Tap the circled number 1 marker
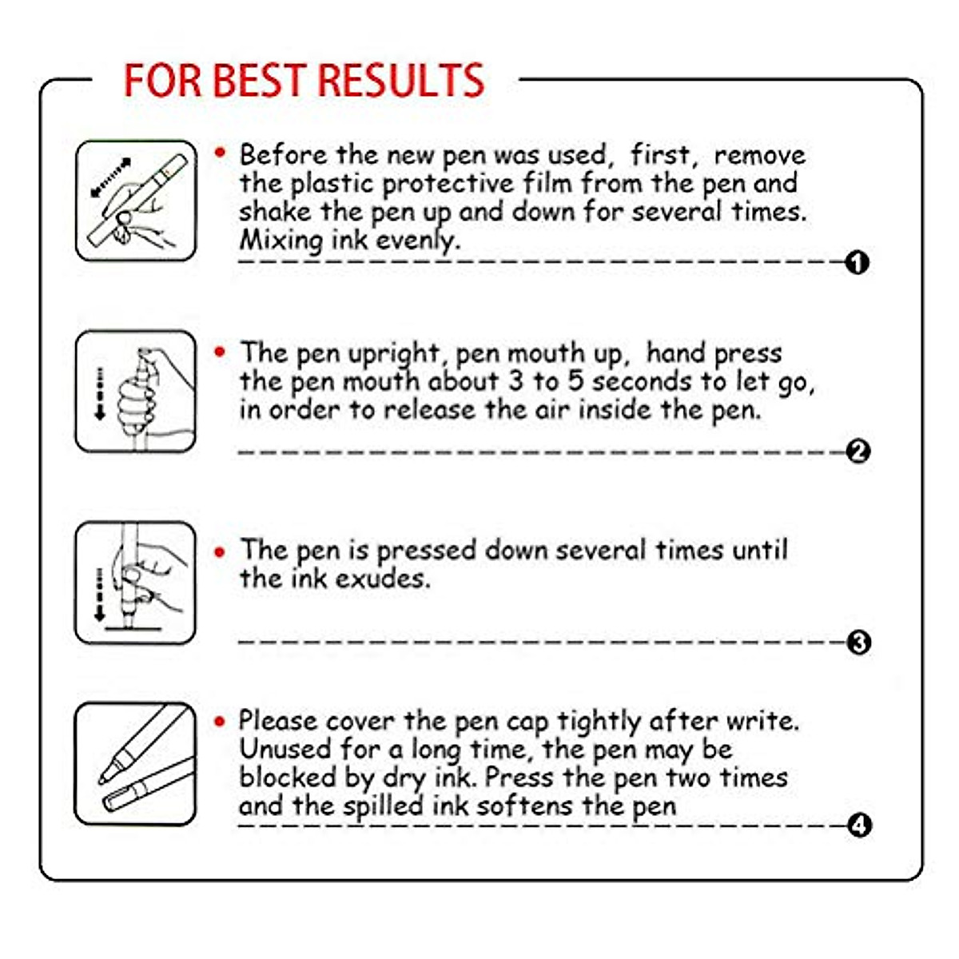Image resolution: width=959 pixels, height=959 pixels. click(x=858, y=262)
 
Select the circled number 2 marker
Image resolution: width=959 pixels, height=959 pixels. click(x=858, y=452)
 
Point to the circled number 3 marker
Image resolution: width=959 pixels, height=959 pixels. click(x=858, y=643)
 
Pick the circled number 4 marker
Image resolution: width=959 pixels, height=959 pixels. click(x=858, y=825)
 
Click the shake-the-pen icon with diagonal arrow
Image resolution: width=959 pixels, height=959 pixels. click(x=135, y=201)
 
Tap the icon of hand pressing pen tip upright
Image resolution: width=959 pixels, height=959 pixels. click(x=135, y=392)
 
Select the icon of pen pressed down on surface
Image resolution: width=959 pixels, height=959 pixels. click(x=135, y=583)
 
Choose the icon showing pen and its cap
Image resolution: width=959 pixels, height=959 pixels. click(x=135, y=764)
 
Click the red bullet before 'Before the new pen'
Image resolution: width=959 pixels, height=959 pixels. click(x=221, y=153)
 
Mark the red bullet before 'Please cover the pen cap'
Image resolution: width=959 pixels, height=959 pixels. click(x=221, y=721)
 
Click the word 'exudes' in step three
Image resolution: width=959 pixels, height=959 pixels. click(x=382, y=579)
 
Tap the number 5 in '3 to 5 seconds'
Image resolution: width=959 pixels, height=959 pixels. click(x=575, y=381)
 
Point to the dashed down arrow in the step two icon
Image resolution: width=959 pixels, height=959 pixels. click(x=100, y=394)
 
